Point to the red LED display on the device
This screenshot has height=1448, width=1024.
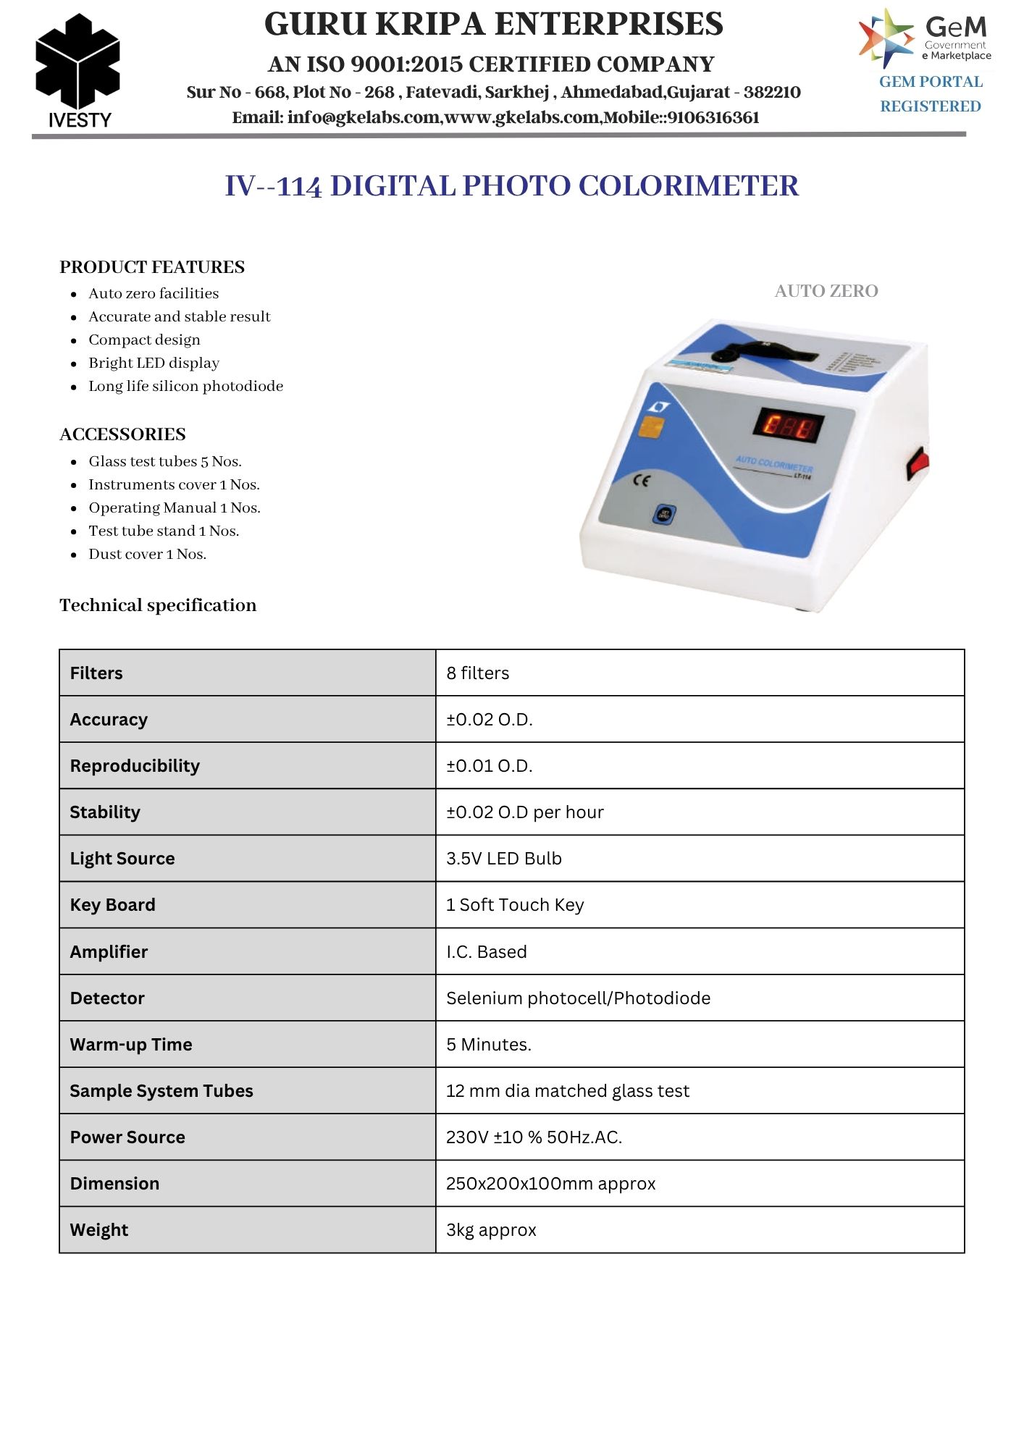tap(789, 425)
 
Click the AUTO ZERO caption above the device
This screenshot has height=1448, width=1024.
tap(826, 291)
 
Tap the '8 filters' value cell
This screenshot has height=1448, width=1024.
tap(478, 673)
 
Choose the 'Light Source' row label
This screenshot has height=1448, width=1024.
tap(122, 859)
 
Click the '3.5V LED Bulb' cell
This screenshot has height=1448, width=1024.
tap(504, 859)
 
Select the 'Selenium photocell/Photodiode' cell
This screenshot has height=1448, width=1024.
tap(578, 998)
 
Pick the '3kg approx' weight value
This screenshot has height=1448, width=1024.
tap(491, 1230)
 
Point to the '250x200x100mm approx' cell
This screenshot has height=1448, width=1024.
tap(550, 1184)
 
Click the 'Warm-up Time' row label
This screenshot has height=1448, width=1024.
tap(131, 1045)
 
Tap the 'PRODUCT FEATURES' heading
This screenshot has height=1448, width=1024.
tap(152, 267)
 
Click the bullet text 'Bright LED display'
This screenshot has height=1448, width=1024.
tap(154, 363)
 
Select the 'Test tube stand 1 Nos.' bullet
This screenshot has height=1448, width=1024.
tap(164, 531)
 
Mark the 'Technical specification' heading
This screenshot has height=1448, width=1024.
tap(158, 605)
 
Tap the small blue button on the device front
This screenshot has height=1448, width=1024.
tap(664, 515)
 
